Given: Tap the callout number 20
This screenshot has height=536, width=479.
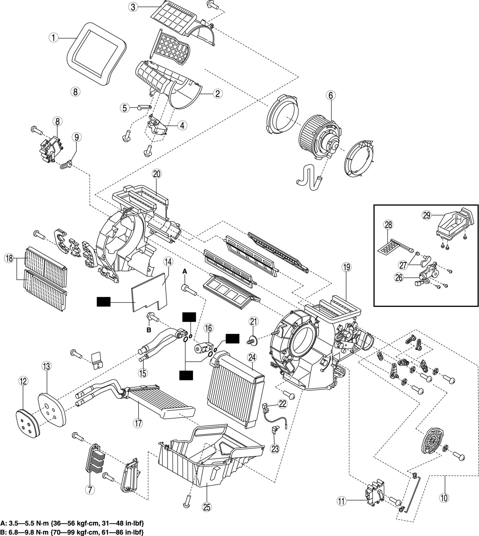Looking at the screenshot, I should click(156, 174).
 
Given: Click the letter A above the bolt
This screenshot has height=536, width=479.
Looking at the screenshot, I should click(185, 271).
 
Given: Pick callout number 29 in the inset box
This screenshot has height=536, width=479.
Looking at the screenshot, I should click(426, 215).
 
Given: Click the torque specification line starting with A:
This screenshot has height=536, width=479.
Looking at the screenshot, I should click(72, 523).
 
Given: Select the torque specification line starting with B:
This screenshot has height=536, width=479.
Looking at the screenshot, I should click(73, 532).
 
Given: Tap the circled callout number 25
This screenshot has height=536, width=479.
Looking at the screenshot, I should click(207, 507).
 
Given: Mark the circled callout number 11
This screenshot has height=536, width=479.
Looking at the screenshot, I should click(341, 501).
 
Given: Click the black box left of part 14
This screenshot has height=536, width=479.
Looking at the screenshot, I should click(103, 302).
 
